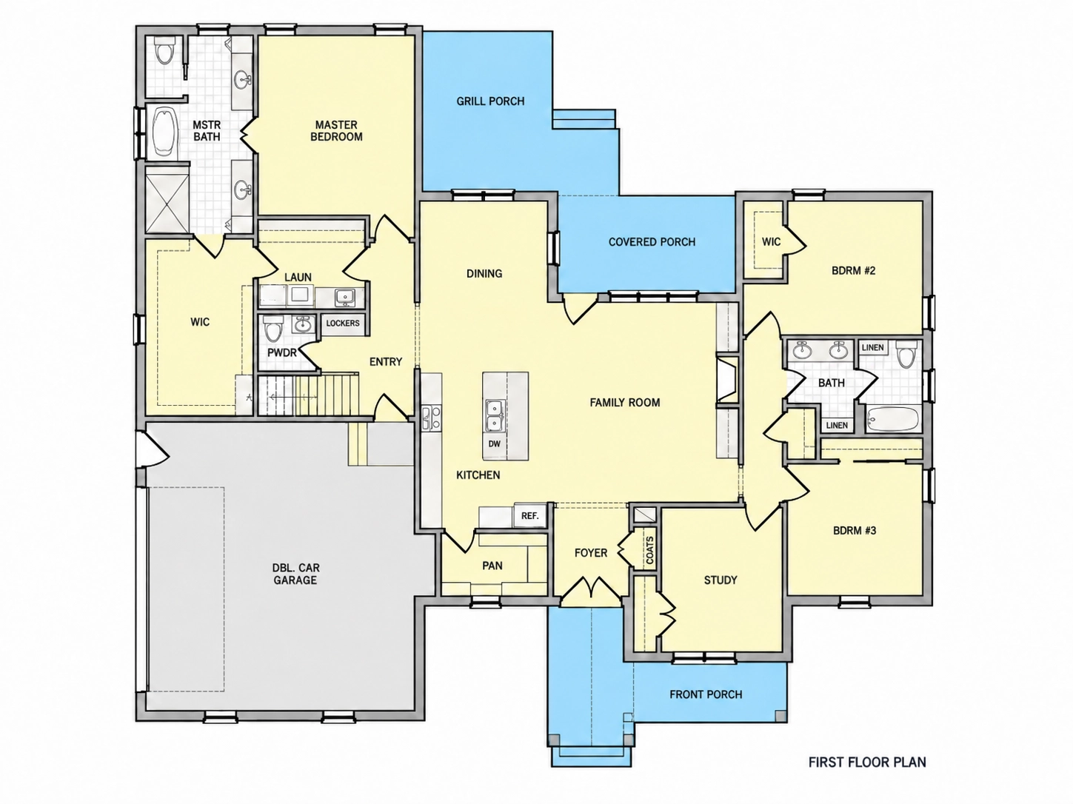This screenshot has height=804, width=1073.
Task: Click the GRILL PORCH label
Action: click(490, 101)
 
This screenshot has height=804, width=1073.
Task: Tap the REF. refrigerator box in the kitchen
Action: click(529, 515)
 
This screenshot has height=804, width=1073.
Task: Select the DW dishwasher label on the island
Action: click(494, 443)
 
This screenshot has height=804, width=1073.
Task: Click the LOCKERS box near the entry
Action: click(343, 324)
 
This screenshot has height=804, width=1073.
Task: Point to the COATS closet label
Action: click(649, 550)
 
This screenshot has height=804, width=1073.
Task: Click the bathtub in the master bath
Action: click(165, 132)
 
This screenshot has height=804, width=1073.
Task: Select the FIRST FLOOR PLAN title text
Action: click(867, 762)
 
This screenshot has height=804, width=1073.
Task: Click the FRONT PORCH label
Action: click(706, 694)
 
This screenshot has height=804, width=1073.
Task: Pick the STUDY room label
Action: click(720, 580)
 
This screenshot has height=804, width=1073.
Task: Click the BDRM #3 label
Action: click(855, 530)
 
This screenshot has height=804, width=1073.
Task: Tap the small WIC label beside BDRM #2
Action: click(771, 241)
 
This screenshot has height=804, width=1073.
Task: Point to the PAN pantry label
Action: click(492, 566)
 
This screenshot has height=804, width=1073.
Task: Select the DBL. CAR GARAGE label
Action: click(295, 574)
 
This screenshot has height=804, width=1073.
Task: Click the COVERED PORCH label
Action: click(652, 242)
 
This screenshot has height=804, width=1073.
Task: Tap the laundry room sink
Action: click(346, 297)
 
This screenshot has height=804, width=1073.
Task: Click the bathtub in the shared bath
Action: click(892, 419)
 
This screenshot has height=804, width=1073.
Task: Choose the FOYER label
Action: click(590, 553)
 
